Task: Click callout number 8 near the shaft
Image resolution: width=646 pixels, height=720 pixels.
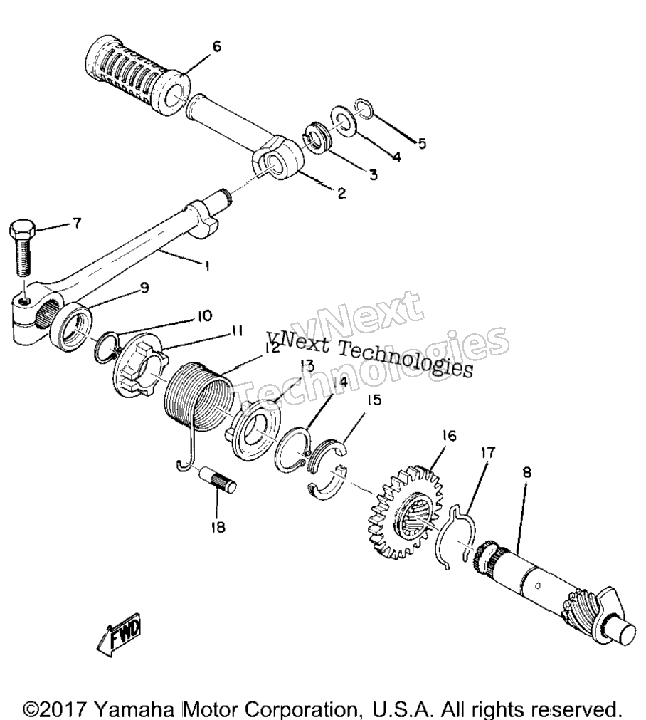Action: pyautogui.click(x=526, y=472)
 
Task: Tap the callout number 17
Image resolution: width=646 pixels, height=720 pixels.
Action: pyautogui.click(x=488, y=452)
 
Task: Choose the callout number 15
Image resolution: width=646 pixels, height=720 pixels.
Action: pyautogui.click(x=374, y=400)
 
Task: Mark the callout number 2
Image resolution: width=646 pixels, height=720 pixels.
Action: pyautogui.click(x=341, y=193)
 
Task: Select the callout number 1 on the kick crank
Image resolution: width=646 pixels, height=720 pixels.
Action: pyautogui.click(x=207, y=266)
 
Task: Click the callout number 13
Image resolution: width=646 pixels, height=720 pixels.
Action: pyautogui.click(x=307, y=366)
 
